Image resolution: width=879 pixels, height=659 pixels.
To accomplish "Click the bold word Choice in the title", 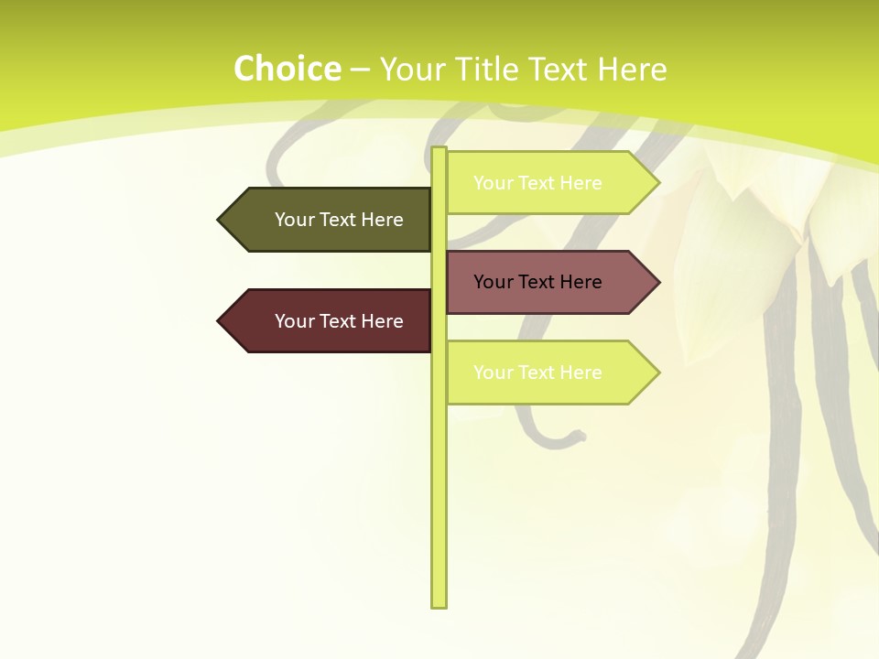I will click(287, 70).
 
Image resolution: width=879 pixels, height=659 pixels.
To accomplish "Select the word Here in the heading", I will click(632, 70).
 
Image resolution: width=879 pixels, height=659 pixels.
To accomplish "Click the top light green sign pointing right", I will click(540, 183).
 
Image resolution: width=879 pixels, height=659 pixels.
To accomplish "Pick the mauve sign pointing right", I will click(540, 282).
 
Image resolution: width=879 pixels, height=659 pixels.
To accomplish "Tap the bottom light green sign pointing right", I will click(540, 373).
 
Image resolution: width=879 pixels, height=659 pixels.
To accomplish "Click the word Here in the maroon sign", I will click(382, 321).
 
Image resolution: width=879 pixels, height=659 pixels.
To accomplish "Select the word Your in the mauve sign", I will click(493, 282).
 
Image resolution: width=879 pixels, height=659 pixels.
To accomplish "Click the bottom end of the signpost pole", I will click(439, 604).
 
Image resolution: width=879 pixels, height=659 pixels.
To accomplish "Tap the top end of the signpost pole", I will click(439, 150).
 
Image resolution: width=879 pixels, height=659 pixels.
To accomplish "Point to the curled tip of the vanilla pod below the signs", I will click(580, 437).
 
